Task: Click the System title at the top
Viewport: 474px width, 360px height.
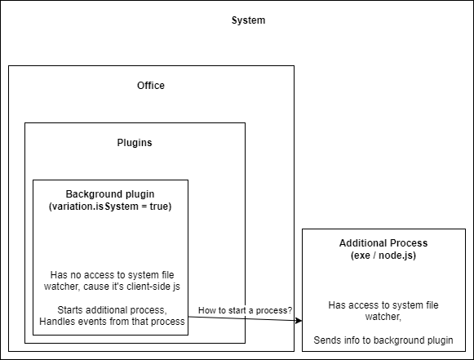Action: pos(249,20)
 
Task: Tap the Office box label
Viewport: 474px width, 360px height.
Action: pos(151,86)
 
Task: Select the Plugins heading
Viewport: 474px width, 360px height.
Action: pos(135,143)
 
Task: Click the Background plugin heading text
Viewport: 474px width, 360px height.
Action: pos(110,194)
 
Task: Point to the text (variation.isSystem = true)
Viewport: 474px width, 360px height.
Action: pos(110,207)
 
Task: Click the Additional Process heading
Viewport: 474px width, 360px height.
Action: pos(383,243)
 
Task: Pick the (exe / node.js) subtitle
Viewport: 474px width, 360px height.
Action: pos(383,256)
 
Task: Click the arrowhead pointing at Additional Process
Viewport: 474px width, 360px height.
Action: pos(299,321)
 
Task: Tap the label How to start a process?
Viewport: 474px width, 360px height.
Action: pos(246,310)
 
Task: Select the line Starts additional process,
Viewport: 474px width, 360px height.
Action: pos(112,310)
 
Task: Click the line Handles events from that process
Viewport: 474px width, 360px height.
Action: pos(112,322)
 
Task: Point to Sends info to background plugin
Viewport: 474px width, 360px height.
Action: pos(383,340)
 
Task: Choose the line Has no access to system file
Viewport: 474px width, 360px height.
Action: pos(112,274)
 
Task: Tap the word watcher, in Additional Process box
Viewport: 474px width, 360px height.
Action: pos(383,317)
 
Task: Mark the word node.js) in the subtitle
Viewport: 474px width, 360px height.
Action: pos(397,256)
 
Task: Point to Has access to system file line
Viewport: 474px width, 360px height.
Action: pos(383,305)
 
